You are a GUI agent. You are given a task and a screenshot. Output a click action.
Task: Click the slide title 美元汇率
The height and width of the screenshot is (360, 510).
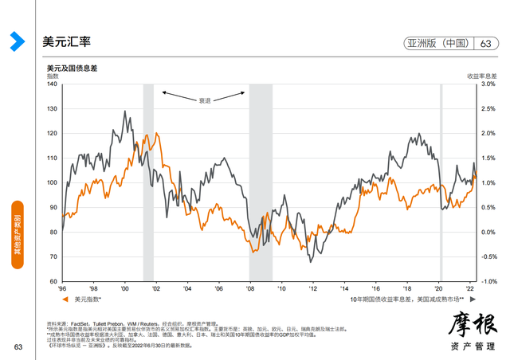point(66,41)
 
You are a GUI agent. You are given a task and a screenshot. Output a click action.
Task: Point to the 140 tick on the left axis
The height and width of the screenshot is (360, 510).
point(53,84)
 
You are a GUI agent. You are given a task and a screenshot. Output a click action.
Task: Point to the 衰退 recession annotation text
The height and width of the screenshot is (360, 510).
point(205,100)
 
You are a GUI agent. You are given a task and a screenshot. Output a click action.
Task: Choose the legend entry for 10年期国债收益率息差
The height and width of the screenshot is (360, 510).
point(406,299)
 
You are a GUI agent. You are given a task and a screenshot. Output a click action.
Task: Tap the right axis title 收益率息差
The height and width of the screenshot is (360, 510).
point(481,75)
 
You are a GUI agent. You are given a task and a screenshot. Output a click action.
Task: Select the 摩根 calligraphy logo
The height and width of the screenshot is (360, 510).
point(467,322)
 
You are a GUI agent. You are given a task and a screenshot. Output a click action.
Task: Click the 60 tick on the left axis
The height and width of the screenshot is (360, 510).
point(54,281)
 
